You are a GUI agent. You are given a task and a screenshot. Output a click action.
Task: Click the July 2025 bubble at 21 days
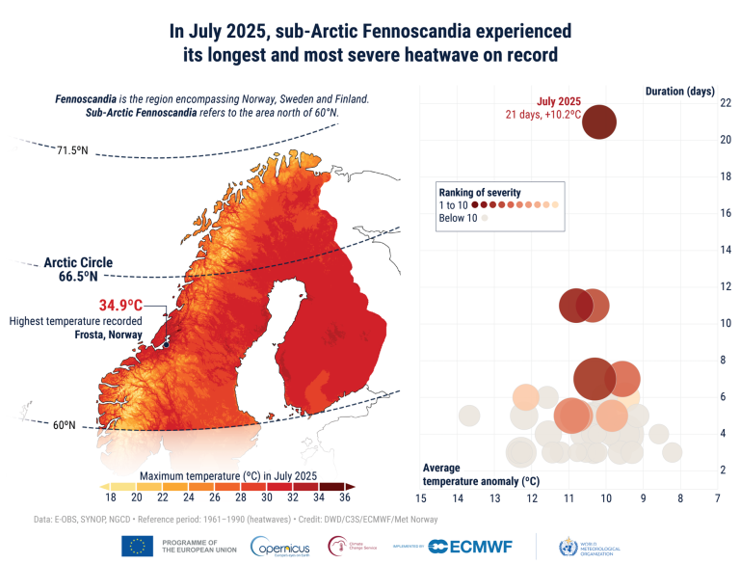pyautogui.click(x=599, y=123)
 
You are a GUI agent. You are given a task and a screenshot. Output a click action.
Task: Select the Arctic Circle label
pyautogui.click(x=77, y=262)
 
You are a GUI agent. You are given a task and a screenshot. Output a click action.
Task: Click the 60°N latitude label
pyautogui.click(x=65, y=425)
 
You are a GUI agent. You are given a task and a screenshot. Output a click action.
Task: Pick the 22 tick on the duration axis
pyautogui.click(x=726, y=103)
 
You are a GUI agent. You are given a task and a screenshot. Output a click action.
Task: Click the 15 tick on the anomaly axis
pyautogui.click(x=420, y=498)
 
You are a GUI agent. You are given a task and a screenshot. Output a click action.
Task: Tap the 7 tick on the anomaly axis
pyautogui.click(x=717, y=498)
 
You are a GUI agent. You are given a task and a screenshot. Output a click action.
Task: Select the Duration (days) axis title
pyautogui.click(x=679, y=91)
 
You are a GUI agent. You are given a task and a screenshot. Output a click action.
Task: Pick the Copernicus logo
pyautogui.click(x=277, y=547)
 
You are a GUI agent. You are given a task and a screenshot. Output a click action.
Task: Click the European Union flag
pyautogui.click(x=138, y=547)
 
